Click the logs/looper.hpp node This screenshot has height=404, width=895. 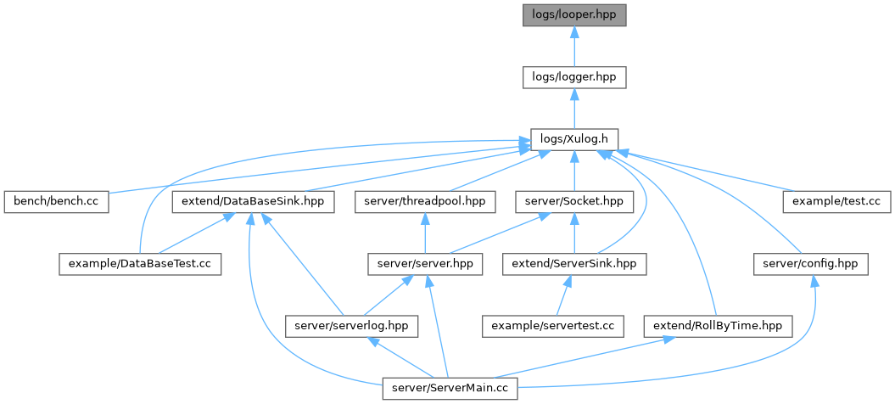coord(574,14)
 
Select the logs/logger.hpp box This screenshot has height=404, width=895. coord(574,77)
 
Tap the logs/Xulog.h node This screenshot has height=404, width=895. coord(574,138)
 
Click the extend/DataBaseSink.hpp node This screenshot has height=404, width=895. coord(253,202)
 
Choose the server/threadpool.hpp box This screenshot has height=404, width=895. coord(425,202)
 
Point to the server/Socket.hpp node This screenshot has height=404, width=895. coord(574,202)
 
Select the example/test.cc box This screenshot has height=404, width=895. coord(836,202)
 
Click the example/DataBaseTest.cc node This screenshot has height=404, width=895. coord(140,264)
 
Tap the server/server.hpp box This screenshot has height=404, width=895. coord(425,264)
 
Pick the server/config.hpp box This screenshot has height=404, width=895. coord(810,264)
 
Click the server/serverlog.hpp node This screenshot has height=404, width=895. coord(351,326)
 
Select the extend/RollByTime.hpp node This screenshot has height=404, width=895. coord(718,326)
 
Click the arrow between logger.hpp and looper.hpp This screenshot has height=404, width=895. coord(574,46)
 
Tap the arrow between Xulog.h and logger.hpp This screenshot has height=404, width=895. coord(574,108)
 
